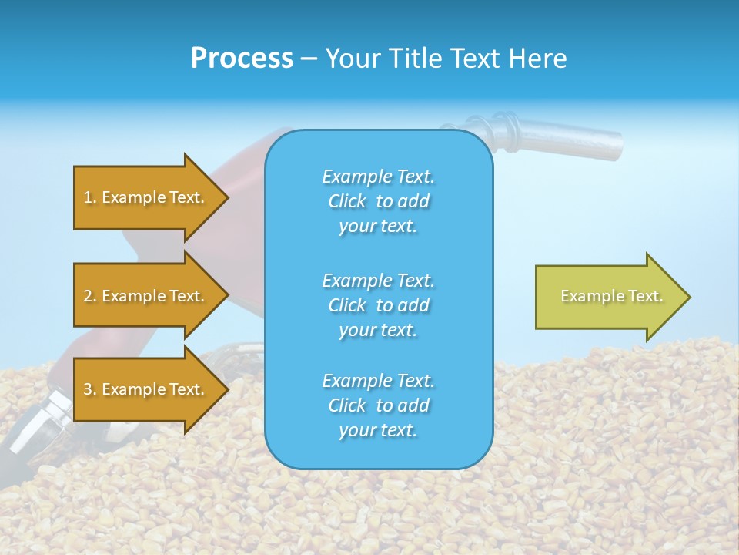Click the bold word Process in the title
click(x=242, y=59)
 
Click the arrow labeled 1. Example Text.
click(x=146, y=197)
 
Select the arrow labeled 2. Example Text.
click(x=146, y=296)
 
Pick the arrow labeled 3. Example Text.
click(x=146, y=389)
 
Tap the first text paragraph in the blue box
click(x=378, y=201)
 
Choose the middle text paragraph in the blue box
click(x=378, y=304)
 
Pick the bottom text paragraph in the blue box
click(x=378, y=405)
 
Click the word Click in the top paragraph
click(x=346, y=201)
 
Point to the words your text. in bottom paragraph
click(x=378, y=430)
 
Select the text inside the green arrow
click(x=611, y=296)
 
